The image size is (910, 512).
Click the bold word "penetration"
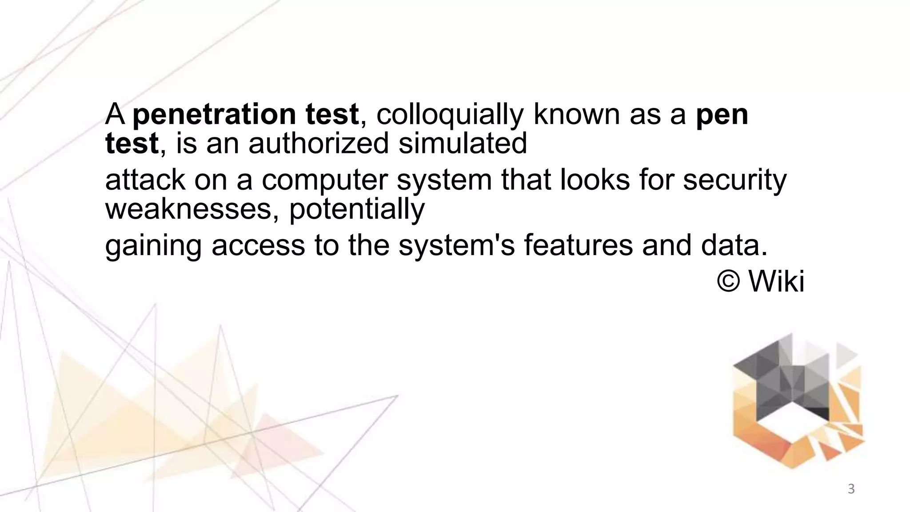coord(214,115)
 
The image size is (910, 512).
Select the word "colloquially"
coord(450,115)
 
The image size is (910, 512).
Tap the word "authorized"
coord(318,144)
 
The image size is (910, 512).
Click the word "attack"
coord(145,180)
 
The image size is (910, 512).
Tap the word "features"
coord(578,245)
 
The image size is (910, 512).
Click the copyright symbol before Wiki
coord(728,281)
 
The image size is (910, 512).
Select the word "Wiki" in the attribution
coord(776,281)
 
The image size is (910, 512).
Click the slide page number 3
coord(851,489)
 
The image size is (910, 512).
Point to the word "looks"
coord(595,180)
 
